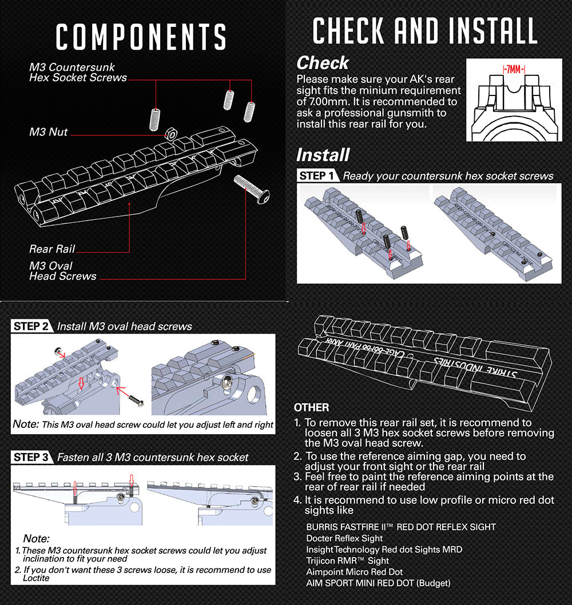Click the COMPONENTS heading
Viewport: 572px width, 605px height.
pyautogui.click(x=141, y=37)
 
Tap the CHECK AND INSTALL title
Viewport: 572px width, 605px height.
pyautogui.click(x=425, y=31)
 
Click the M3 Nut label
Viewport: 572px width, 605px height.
pyautogui.click(x=49, y=132)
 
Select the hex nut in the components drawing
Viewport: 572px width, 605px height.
pyautogui.click(x=169, y=134)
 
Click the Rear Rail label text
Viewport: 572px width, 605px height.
pyautogui.click(x=52, y=249)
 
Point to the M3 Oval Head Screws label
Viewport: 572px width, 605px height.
pyautogui.click(x=63, y=271)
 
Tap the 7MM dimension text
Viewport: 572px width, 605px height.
pyautogui.click(x=514, y=69)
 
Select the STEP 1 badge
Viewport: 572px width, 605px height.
pyautogui.click(x=317, y=175)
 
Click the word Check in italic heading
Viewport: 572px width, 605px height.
pyautogui.click(x=323, y=63)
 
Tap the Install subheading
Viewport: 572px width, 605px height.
pyautogui.click(x=323, y=155)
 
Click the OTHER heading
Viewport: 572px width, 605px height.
pyautogui.click(x=311, y=407)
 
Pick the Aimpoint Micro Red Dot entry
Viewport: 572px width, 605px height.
pyautogui.click(x=354, y=572)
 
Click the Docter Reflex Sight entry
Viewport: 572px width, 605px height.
pyautogui.click(x=344, y=538)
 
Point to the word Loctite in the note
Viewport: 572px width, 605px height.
pyautogui.click(x=37, y=578)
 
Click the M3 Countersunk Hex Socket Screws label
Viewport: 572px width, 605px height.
pyautogui.click(x=78, y=73)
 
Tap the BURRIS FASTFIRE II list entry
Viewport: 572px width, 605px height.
pyautogui.click(x=400, y=527)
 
